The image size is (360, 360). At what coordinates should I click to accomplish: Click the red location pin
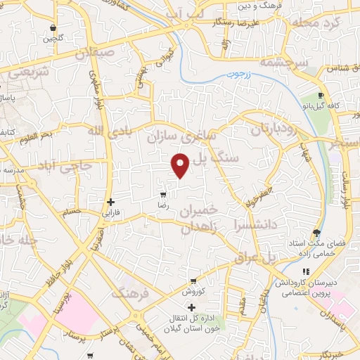[181, 165]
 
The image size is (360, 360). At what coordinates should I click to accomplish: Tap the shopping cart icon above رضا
[163, 194]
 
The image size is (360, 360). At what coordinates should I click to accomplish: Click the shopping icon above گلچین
[53, 28]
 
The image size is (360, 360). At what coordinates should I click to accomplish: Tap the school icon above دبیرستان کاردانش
[305, 271]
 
